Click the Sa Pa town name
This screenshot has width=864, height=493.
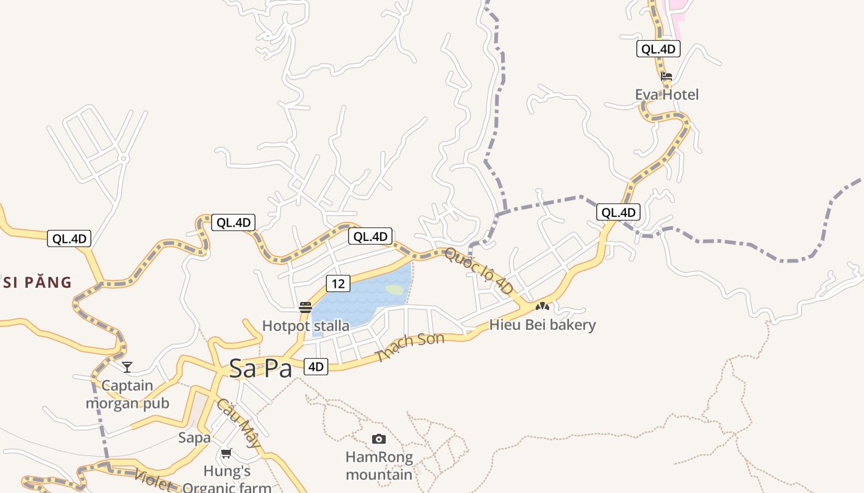tap(260, 369)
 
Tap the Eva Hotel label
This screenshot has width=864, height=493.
tap(667, 94)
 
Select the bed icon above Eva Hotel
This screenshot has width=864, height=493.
tap(667, 77)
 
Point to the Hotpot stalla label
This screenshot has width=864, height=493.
tap(305, 325)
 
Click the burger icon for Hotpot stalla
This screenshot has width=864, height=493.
tap(305, 307)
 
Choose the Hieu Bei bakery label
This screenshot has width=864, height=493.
tap(542, 325)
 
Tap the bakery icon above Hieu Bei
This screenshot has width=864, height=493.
tap(542, 306)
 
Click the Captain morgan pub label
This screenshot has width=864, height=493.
tap(127, 394)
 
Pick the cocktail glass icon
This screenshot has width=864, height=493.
tap(127, 367)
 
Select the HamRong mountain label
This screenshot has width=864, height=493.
tap(379, 466)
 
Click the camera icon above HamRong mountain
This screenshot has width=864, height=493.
tap(379, 439)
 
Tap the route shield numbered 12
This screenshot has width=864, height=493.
tap(338, 283)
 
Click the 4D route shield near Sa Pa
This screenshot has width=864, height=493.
tap(315, 367)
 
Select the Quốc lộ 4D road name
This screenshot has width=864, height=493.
tap(478, 271)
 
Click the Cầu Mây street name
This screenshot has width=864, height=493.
tap(238, 423)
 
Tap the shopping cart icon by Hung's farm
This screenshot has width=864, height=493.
tap(226, 454)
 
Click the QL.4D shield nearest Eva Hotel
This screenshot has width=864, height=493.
tap(658, 49)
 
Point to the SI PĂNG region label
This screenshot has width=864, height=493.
tap(37, 283)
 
